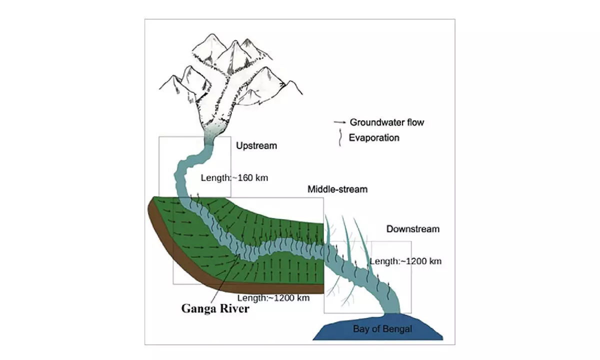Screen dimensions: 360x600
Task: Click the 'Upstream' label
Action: [256, 146]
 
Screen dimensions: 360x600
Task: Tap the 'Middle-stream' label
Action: [337, 189]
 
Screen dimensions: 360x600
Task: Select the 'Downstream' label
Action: [412, 229]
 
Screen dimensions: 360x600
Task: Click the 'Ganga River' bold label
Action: [214, 309]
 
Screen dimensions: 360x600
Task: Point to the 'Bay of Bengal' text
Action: [383, 329]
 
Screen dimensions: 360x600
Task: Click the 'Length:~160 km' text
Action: [234, 177]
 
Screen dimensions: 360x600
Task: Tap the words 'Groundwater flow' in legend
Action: [387, 122]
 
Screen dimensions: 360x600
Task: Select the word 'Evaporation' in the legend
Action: [374, 137]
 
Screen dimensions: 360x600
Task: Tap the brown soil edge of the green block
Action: [165, 235]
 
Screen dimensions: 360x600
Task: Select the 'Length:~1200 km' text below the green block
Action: [273, 298]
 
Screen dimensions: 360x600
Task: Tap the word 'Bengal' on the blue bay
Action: [399, 329]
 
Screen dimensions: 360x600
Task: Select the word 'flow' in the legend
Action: [415, 122]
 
